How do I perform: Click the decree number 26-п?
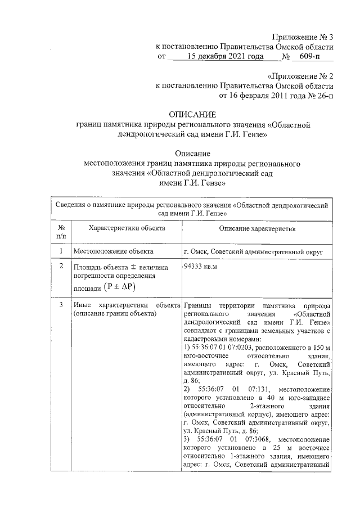(321, 96)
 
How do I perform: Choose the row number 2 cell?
(61, 266)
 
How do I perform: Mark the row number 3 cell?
(61, 305)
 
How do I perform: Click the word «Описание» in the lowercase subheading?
(192, 153)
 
